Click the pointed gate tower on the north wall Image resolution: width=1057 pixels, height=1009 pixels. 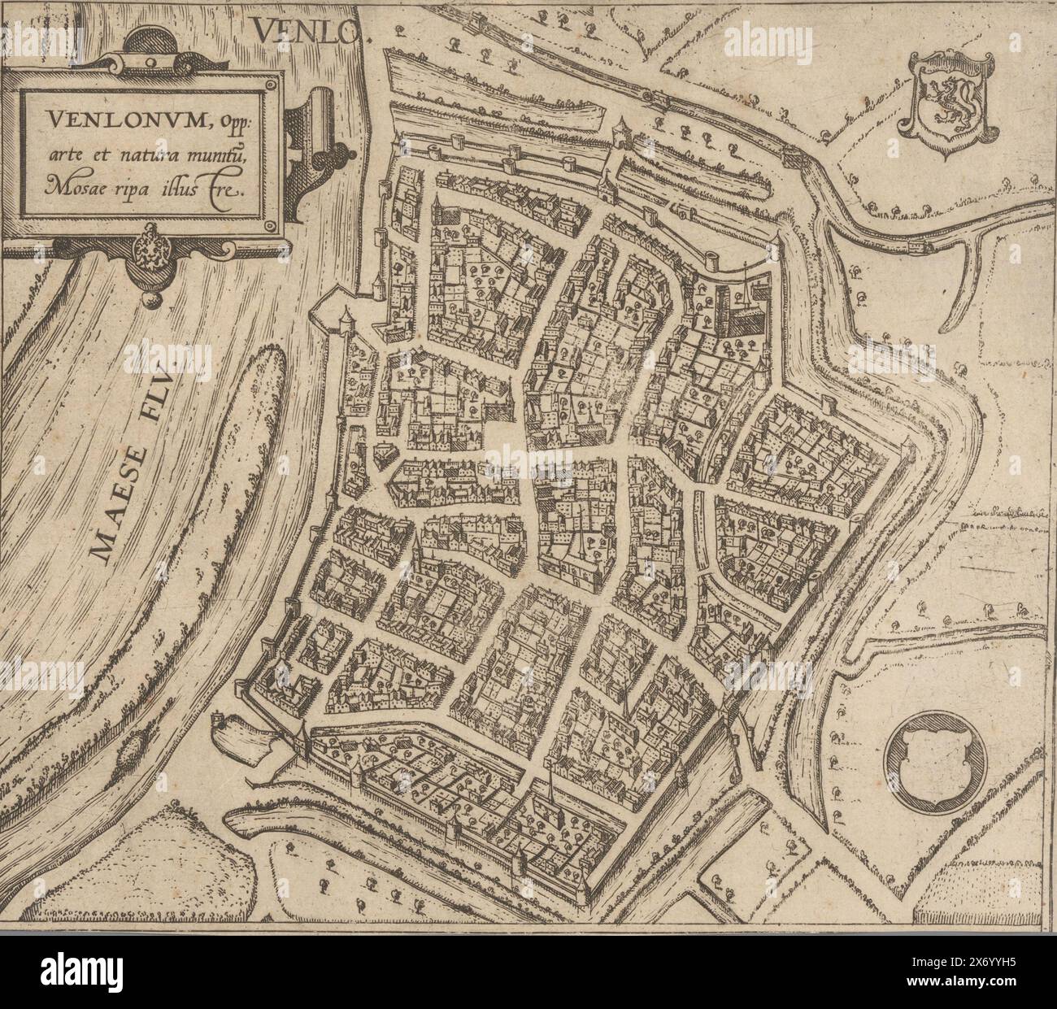(x=624, y=129)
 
